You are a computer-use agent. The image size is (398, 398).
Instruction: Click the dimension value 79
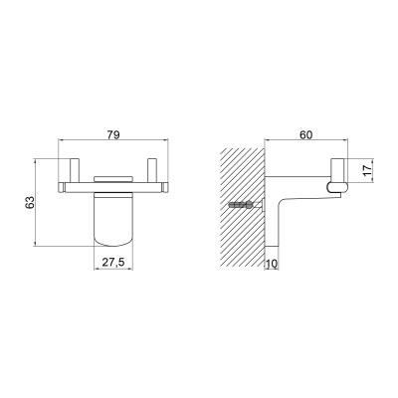(113, 134)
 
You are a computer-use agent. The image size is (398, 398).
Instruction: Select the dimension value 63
(30, 202)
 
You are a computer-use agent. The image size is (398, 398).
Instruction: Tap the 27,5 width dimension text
(113, 263)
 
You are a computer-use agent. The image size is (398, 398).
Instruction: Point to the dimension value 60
(306, 134)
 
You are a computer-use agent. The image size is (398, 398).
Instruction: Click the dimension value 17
(366, 170)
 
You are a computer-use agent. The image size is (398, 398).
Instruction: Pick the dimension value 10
(272, 264)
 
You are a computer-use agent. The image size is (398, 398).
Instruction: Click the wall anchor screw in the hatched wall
(246, 206)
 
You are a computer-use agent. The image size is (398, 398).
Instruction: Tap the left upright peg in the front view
(74, 170)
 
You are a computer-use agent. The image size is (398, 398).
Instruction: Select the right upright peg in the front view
(152, 170)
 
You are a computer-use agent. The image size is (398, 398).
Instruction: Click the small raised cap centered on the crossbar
(112, 179)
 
